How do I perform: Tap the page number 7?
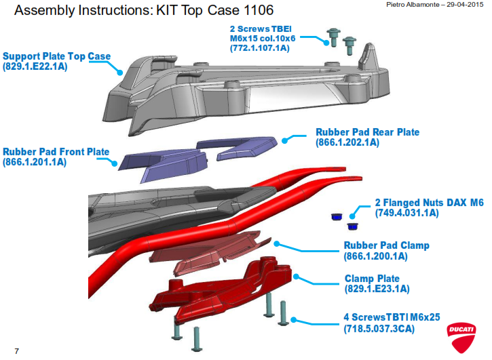[16, 351]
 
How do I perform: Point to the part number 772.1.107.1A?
[260, 49]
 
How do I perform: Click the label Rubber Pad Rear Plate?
[367, 132]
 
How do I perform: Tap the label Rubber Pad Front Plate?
[56, 152]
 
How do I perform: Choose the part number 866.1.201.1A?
[35, 163]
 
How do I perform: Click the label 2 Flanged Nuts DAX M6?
[424, 202]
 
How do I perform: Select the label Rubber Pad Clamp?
[386, 245]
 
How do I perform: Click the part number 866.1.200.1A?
[375, 256]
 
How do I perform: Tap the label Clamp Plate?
[372, 278]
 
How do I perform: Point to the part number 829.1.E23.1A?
[377, 289]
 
